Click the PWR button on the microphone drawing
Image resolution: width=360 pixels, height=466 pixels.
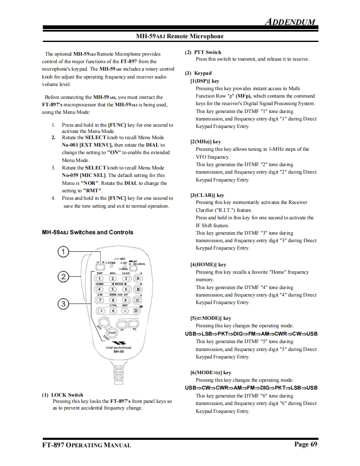tap(112, 333)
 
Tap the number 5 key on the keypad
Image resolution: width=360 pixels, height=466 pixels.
tap(113, 289)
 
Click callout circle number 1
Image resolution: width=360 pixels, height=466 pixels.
tap(63, 252)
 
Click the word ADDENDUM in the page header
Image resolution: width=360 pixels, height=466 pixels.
tap(290, 22)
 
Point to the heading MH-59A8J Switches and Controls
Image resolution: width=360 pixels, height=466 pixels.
tap(88, 232)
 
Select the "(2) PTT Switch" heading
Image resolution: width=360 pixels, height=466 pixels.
tap(202, 52)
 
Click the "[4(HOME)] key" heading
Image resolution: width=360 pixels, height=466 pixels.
tap(208, 265)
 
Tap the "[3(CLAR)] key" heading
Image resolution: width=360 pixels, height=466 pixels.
tap(207, 195)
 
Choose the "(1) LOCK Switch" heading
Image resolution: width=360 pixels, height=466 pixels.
tap(62, 395)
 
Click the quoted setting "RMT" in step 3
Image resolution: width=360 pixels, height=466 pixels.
tap(93, 191)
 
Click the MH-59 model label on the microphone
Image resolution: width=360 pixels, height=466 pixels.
tap(118, 351)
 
